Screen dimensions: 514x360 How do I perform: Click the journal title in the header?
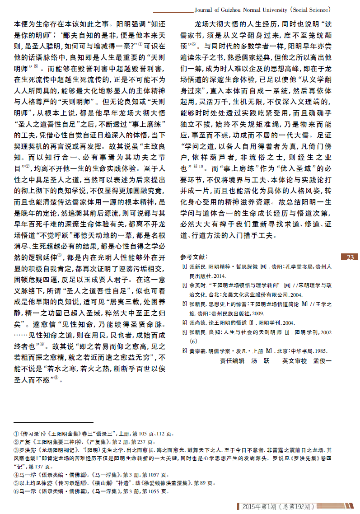pos(265,9)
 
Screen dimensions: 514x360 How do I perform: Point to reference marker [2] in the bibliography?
pos(184,285)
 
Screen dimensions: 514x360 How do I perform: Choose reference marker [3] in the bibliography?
pos(184,304)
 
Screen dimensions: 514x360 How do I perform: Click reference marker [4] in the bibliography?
pos(184,322)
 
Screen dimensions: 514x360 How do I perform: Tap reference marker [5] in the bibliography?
pos(184,332)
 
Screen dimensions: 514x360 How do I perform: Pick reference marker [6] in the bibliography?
pos(184,350)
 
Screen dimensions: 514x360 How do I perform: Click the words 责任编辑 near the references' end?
pos(232,361)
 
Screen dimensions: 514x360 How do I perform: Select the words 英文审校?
pos(294,361)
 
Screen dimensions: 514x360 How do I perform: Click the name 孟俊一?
pos(322,361)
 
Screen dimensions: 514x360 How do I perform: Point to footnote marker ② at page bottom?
pos(16,442)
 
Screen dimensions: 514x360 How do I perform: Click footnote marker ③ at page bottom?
pos(16,450)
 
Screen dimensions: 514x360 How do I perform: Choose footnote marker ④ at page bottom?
pos(16,475)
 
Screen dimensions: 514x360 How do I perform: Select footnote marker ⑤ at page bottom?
pos(16,483)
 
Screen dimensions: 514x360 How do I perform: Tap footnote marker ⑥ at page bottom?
pos(16,491)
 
